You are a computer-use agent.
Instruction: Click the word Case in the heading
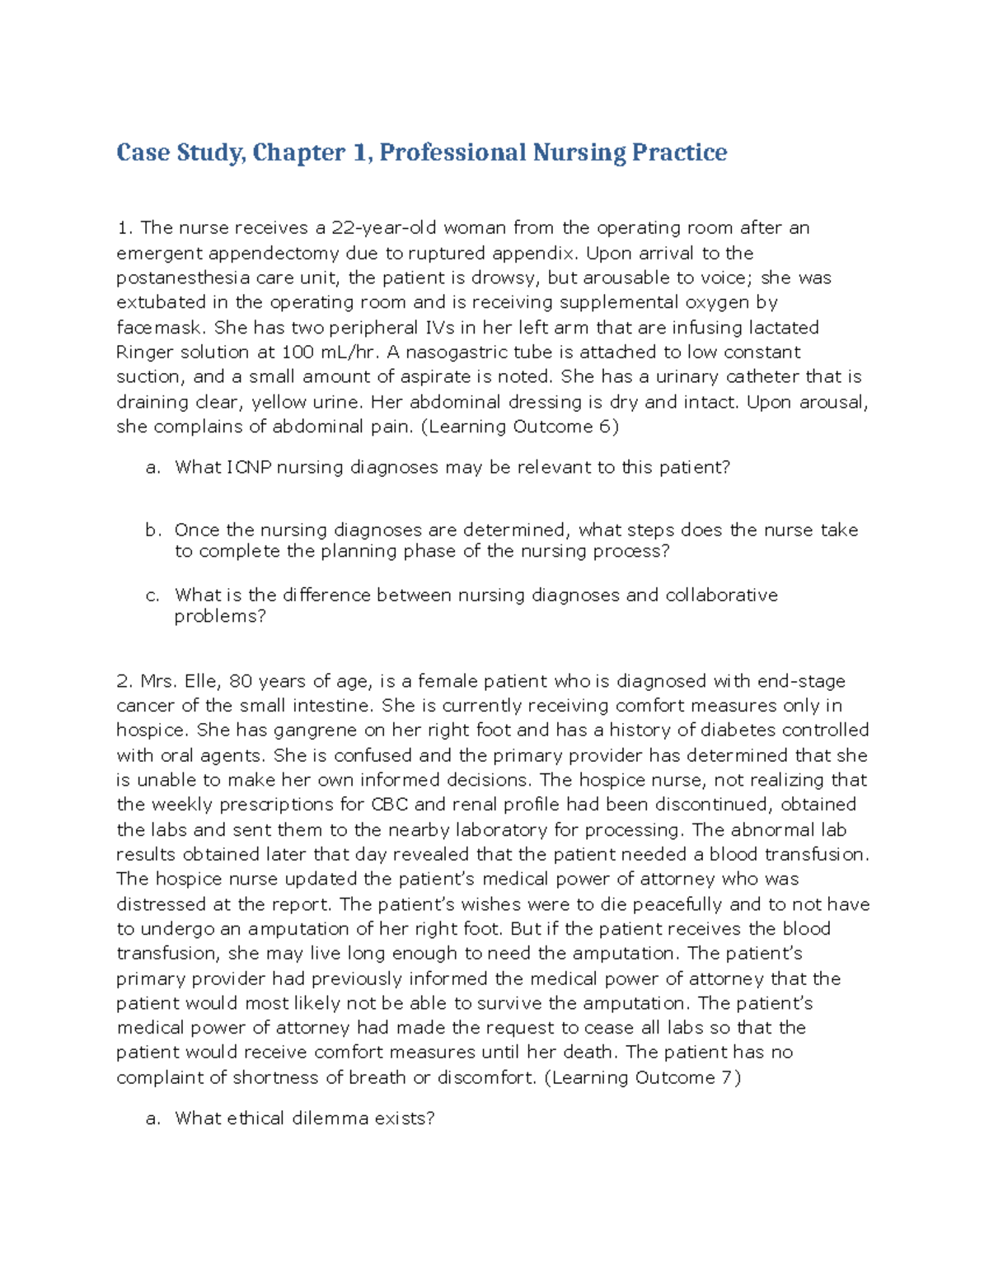143,152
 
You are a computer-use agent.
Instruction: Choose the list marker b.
152,530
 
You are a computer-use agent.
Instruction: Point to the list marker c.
152,595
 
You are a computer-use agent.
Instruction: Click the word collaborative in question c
721,595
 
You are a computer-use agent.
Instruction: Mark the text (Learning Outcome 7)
643,1077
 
